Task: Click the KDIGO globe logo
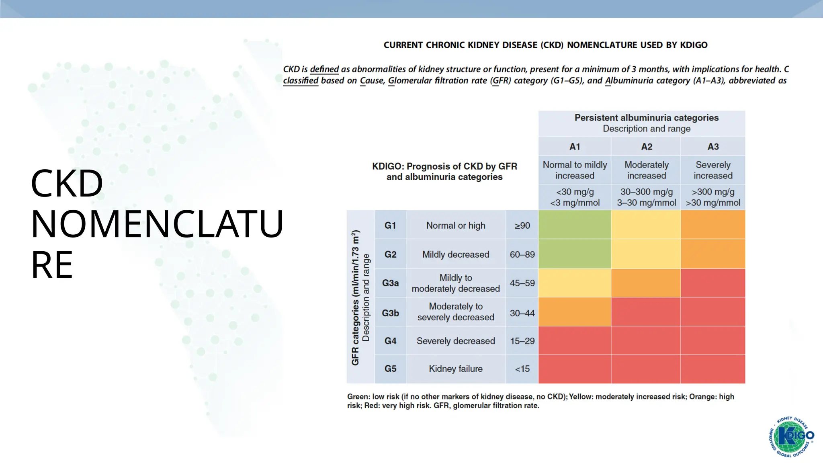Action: [791, 436]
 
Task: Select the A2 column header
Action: [646, 147]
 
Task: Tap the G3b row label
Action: [390, 313]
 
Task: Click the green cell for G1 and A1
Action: [574, 225]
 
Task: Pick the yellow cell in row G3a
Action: [574, 283]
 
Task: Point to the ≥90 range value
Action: [522, 225]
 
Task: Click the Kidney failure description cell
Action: [455, 369]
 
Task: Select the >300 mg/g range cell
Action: [712, 197]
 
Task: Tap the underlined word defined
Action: [324, 69]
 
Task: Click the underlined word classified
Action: [301, 80]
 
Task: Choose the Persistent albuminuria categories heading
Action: [646, 118]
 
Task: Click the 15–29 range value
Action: [522, 341]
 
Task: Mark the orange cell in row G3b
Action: [574, 312]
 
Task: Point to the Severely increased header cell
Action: [712, 170]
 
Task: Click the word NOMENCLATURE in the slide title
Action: [157, 224]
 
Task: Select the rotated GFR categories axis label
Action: [355, 297]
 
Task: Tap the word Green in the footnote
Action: [358, 397]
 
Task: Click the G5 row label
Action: [390, 369]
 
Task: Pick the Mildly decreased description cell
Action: [455, 254]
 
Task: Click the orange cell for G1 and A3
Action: [712, 225]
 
